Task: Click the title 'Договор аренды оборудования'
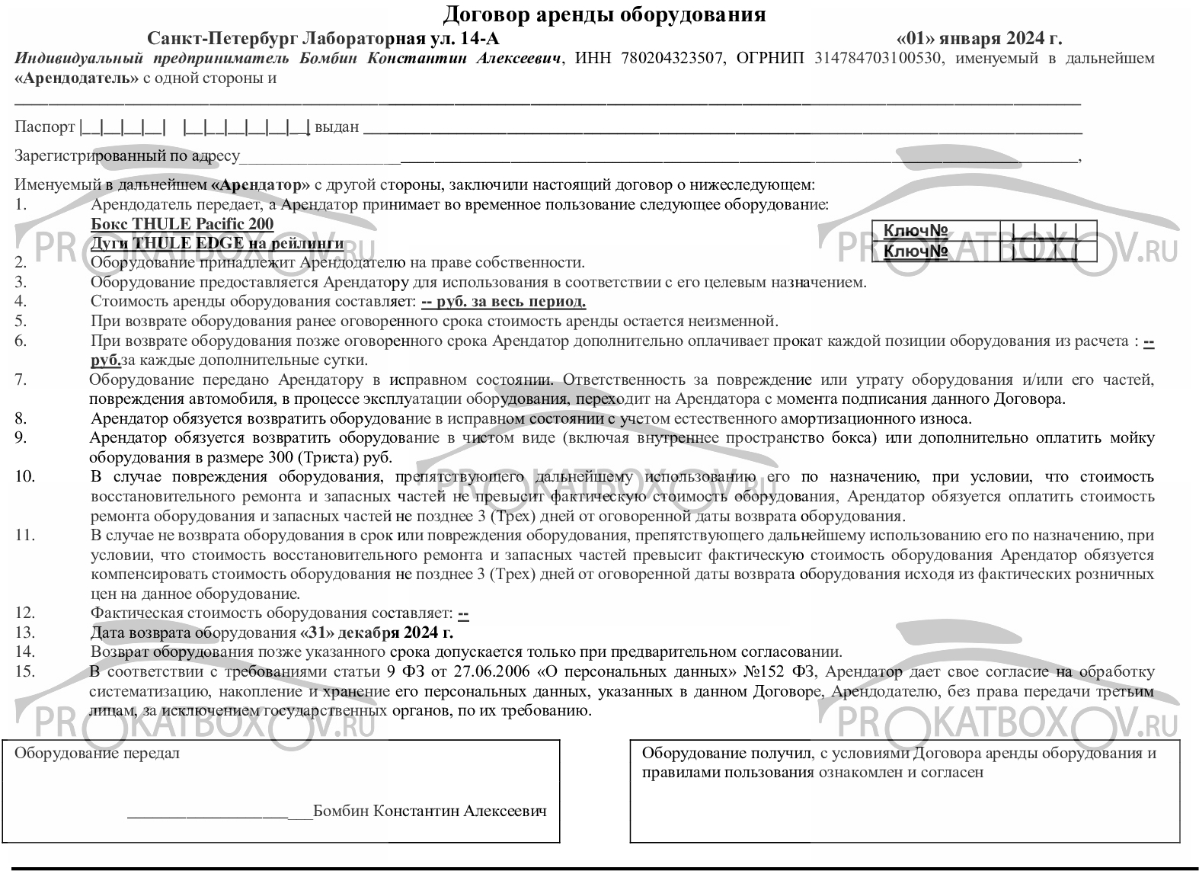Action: click(x=604, y=14)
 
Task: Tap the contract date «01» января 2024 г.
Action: click(x=979, y=39)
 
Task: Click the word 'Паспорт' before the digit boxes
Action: click(x=45, y=126)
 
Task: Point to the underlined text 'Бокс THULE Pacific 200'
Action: click(x=181, y=224)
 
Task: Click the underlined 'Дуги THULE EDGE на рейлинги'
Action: click(x=217, y=243)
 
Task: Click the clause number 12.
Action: click(x=25, y=613)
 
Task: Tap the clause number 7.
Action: click(x=21, y=379)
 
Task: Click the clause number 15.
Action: click(x=25, y=671)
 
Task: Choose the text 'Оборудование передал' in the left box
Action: click(x=98, y=754)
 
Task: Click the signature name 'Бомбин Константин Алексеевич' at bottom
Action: click(x=430, y=811)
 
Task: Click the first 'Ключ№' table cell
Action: click(x=916, y=230)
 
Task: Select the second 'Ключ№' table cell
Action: click(x=916, y=251)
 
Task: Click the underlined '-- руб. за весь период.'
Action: click(x=504, y=302)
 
